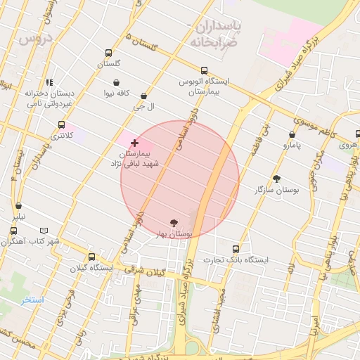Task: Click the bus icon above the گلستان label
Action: (108, 53)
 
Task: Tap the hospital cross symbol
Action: (134, 143)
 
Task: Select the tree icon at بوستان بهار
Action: (174, 222)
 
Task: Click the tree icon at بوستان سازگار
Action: (276, 179)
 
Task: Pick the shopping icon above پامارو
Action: (292, 134)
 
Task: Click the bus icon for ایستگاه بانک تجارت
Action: (236, 249)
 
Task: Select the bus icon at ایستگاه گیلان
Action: (91, 257)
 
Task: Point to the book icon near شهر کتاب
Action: (44, 231)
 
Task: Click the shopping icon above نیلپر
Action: (18, 206)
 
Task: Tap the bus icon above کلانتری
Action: (62, 124)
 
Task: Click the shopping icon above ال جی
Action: (144, 96)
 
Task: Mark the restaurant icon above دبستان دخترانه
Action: (49, 82)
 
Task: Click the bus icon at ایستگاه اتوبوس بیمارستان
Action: (204, 70)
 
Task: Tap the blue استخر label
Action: (32, 300)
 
